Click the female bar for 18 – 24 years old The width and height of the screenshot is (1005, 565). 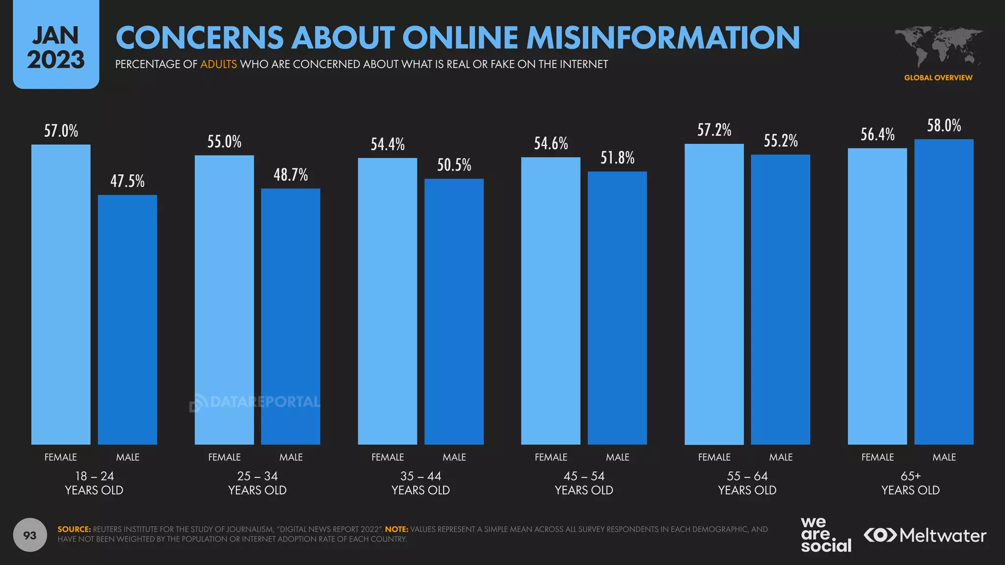pyautogui.click(x=61, y=294)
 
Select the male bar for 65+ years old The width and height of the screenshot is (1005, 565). pyautogui.click(x=944, y=292)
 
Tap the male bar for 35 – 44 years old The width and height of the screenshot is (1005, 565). pyautogui.click(x=454, y=311)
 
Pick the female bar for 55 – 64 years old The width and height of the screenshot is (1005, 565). pyautogui.click(x=714, y=294)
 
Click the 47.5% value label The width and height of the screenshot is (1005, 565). pyautogui.click(x=128, y=181)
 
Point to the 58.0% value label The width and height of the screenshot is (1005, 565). pyautogui.click(x=944, y=126)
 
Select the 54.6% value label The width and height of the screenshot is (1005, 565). pyautogui.click(x=551, y=143)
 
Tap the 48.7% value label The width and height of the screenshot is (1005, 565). pyautogui.click(x=291, y=175)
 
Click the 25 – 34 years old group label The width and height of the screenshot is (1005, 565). pyautogui.click(x=257, y=483)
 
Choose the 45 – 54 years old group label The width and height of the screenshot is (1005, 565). pyautogui.click(x=584, y=483)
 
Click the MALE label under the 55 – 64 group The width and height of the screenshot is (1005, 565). pyautogui.click(x=781, y=457)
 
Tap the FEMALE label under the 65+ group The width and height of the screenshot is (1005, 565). pyautogui.click(x=877, y=457)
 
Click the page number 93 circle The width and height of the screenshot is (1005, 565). pyautogui.click(x=30, y=535)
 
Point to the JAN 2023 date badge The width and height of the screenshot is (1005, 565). pyautogui.click(x=56, y=45)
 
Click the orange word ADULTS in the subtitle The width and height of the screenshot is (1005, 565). pyautogui.click(x=218, y=64)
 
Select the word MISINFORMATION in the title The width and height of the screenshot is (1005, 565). pyautogui.click(x=663, y=37)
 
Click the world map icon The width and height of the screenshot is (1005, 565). pyautogui.click(x=938, y=47)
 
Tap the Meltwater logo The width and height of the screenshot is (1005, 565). pyautogui.click(x=925, y=535)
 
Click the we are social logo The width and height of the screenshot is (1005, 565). pyautogui.click(x=826, y=535)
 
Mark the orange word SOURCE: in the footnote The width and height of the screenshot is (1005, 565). pyautogui.click(x=74, y=529)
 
